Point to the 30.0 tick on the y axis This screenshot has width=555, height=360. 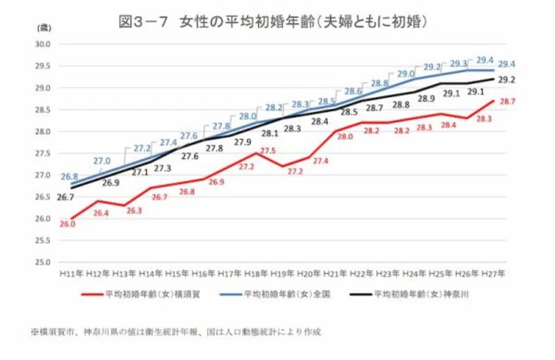coord(44,44)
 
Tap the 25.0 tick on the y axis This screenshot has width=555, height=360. coord(44,262)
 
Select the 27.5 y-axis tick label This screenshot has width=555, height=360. coord(44,153)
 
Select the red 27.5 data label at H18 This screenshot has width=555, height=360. coord(268,151)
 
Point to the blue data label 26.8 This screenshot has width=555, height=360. coord(69,177)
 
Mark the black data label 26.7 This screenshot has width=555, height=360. coord(66,197)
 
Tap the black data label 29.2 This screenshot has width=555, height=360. coord(506,79)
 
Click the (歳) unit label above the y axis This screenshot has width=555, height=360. coord(44,27)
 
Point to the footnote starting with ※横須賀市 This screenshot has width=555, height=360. coord(176,332)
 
